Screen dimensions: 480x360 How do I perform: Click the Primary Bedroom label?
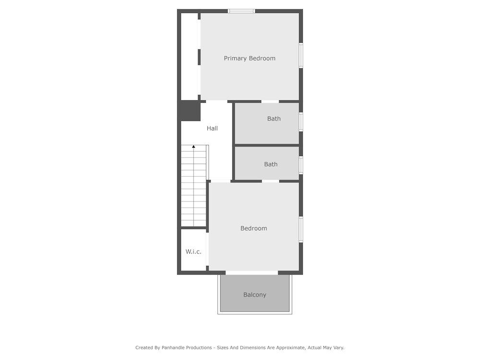[250, 59]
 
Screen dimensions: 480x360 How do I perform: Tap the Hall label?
[212, 128]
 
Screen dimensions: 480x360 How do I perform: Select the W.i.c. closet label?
[193, 252]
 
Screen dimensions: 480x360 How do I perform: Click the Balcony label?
[255, 295]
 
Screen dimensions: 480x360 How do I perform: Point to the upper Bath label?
[274, 119]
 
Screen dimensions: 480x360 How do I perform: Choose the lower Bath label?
[271, 164]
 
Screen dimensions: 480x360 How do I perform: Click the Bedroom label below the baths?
[253, 228]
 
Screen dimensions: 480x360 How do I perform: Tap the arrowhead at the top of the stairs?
[193, 146]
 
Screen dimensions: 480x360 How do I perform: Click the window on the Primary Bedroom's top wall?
[241, 12]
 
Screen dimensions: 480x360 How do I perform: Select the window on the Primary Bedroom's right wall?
[301, 55]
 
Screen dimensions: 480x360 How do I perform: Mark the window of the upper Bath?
[301, 122]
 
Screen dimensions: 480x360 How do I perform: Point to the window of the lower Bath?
[301, 165]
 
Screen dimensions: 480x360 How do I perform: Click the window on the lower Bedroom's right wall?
[301, 229]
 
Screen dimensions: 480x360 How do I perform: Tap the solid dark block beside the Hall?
[190, 111]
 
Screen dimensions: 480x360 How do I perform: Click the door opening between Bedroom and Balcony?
[252, 273]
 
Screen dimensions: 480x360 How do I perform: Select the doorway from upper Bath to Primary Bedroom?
[270, 102]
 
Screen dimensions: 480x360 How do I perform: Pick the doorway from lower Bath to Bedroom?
[271, 181]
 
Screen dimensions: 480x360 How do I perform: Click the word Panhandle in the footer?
[174, 348]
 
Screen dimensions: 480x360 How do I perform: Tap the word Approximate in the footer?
[290, 348]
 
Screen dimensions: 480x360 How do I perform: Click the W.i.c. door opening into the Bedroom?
[207, 249]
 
